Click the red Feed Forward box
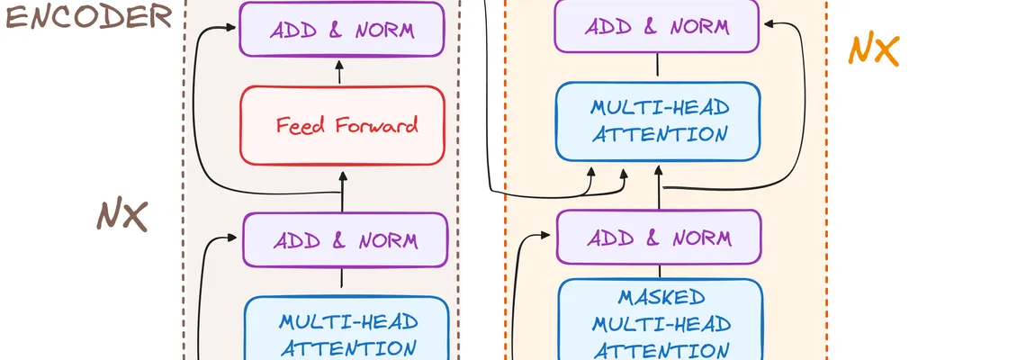(343, 125)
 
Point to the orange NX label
(873, 50)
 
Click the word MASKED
(661, 298)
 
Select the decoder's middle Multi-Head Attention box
(659, 121)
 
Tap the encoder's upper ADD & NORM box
(342, 29)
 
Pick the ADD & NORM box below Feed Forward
(346, 240)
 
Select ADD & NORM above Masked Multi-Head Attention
(659, 238)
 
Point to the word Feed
(301, 125)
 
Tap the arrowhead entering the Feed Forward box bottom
(342, 172)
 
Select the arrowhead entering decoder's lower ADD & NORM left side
(548, 236)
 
